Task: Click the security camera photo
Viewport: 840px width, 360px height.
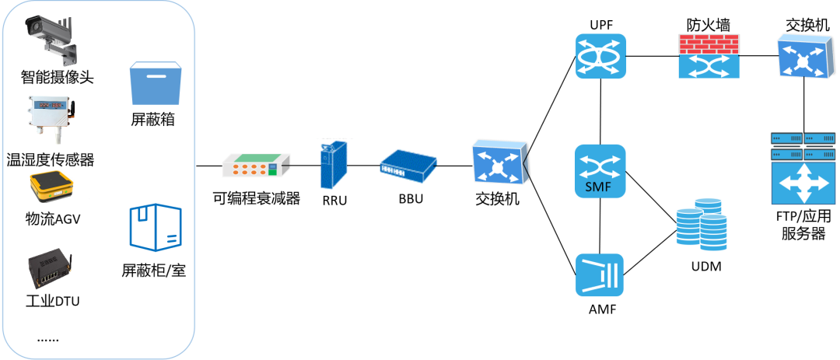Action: (51, 40)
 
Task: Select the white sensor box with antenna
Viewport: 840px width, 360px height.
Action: (51, 121)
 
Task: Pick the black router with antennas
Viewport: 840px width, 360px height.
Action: (51, 267)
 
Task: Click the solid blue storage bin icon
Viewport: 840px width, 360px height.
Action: (155, 84)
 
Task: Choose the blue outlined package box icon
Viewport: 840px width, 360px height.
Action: (155, 228)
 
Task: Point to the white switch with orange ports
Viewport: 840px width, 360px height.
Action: (256, 165)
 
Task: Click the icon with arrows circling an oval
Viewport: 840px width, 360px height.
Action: (600, 56)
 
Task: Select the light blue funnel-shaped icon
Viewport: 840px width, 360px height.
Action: (600, 275)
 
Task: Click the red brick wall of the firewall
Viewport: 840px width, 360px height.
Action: (709, 44)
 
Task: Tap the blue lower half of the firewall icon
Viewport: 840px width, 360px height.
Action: (709, 66)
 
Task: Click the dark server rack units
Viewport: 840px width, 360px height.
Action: (802, 145)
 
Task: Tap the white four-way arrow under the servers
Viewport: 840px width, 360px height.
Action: (802, 183)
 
